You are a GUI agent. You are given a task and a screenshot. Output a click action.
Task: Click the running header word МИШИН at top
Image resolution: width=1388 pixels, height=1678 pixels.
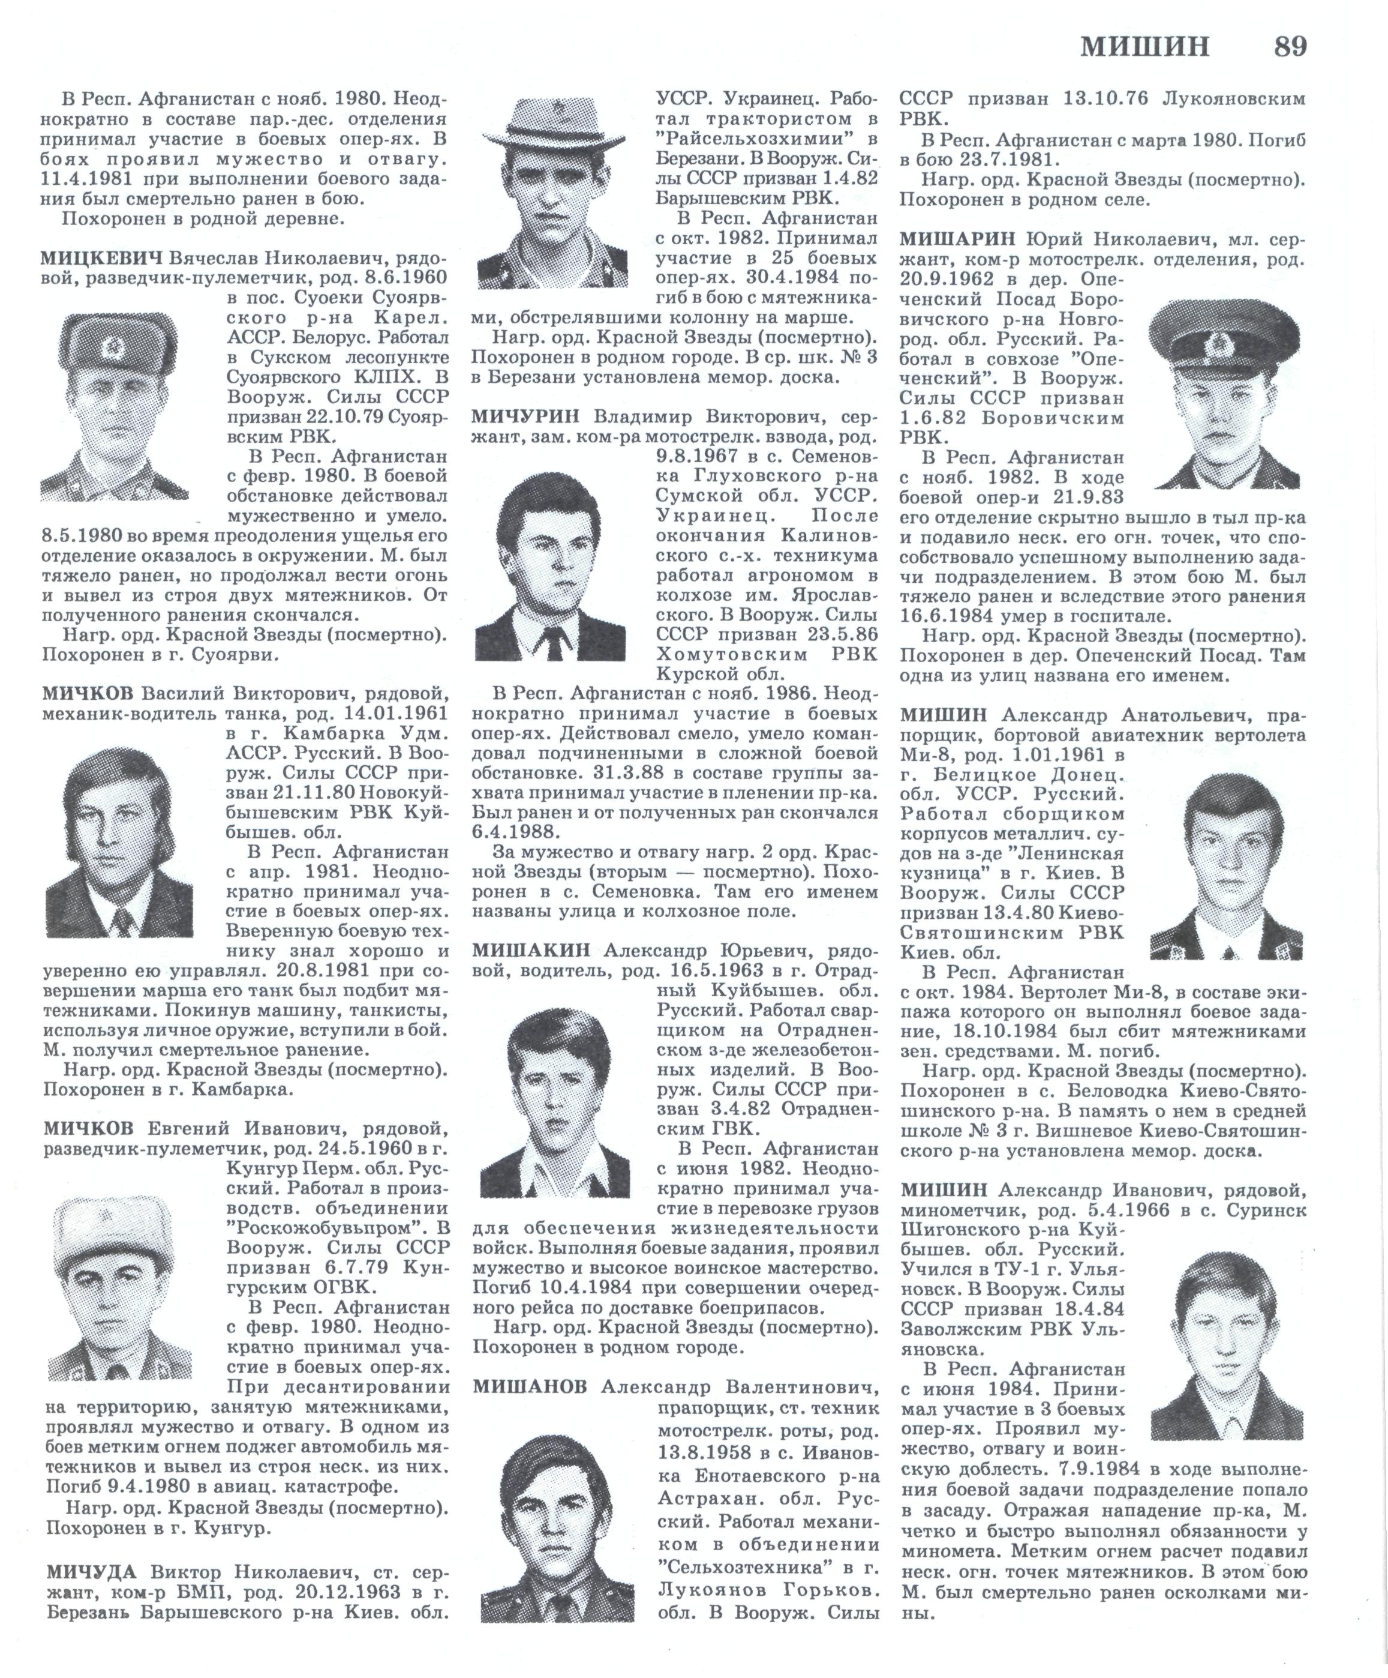click(1145, 47)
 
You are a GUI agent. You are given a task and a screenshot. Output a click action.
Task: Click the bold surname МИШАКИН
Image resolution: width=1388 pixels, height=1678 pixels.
click(530, 950)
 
